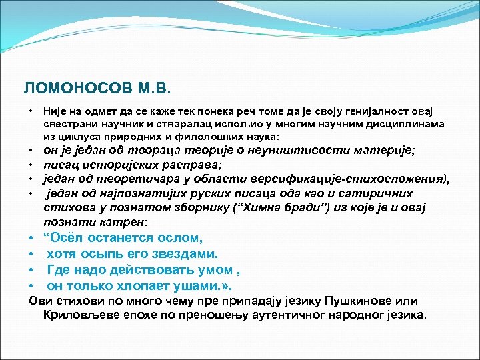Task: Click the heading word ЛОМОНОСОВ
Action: tap(65, 89)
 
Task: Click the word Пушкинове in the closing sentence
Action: tap(367, 301)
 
